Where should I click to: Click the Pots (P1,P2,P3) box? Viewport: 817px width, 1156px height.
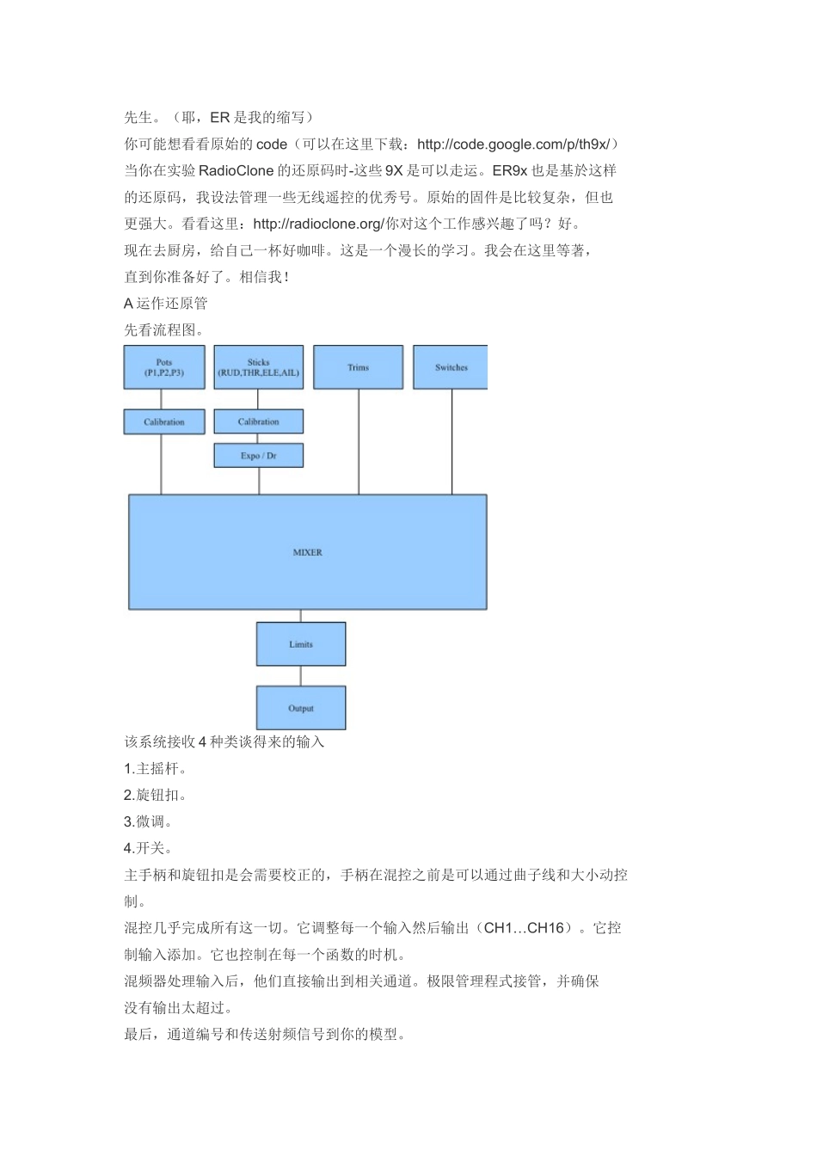tap(164, 367)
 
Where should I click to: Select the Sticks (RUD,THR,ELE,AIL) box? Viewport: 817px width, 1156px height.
tap(258, 367)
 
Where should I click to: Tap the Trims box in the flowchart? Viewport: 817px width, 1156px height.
tap(358, 367)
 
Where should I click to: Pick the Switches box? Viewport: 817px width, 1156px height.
tap(451, 367)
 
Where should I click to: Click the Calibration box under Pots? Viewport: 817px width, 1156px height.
tap(164, 421)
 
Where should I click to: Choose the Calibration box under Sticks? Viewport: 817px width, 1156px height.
tap(258, 421)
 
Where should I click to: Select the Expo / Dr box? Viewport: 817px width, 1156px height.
tap(258, 455)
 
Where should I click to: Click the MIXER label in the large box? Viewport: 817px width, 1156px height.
tap(307, 552)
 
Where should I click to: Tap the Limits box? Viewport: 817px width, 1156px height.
tap(301, 644)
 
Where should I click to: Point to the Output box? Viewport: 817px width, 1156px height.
tap(301, 708)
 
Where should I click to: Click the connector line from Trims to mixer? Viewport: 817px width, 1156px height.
tap(359, 441)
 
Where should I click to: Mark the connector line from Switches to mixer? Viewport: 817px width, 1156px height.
tap(451, 441)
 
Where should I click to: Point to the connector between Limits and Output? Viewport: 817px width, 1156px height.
tap(301, 676)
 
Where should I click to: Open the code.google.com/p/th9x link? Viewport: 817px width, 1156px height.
tap(513, 144)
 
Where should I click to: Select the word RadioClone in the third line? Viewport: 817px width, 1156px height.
tap(236, 171)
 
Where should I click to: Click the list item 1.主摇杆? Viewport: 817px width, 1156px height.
tap(156, 769)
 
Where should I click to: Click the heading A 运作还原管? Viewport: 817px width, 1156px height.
tap(166, 304)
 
